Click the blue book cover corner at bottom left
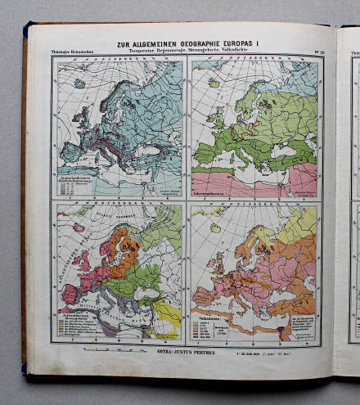25,368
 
